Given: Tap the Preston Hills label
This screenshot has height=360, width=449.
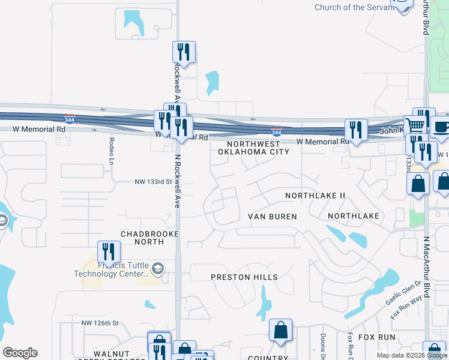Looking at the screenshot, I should point(244,277).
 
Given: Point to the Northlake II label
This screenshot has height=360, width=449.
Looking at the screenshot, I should point(315,196).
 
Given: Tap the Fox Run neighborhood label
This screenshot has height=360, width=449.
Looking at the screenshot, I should point(376,337).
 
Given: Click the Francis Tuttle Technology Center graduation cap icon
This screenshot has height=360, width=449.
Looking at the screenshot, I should point(157,268).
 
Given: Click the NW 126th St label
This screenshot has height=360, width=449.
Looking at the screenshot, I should point(97,323).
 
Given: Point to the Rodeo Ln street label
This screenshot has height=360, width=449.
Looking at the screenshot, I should point(112,147).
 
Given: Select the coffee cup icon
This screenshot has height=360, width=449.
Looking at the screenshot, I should point(441,128).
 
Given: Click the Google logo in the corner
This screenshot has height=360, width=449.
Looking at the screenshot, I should point(20,353).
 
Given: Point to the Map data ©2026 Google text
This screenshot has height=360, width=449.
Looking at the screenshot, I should point(412,355).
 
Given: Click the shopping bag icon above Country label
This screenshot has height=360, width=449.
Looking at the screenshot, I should point(280,330).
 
